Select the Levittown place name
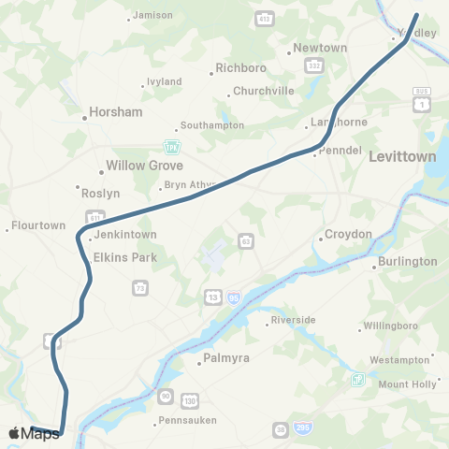[402, 156]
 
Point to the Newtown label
[320, 48]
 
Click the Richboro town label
[241, 67]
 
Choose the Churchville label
[261, 91]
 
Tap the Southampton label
[212, 125]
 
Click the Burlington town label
[408, 261]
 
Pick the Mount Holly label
[408, 384]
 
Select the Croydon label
[348, 234]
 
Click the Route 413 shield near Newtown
[266, 18]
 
